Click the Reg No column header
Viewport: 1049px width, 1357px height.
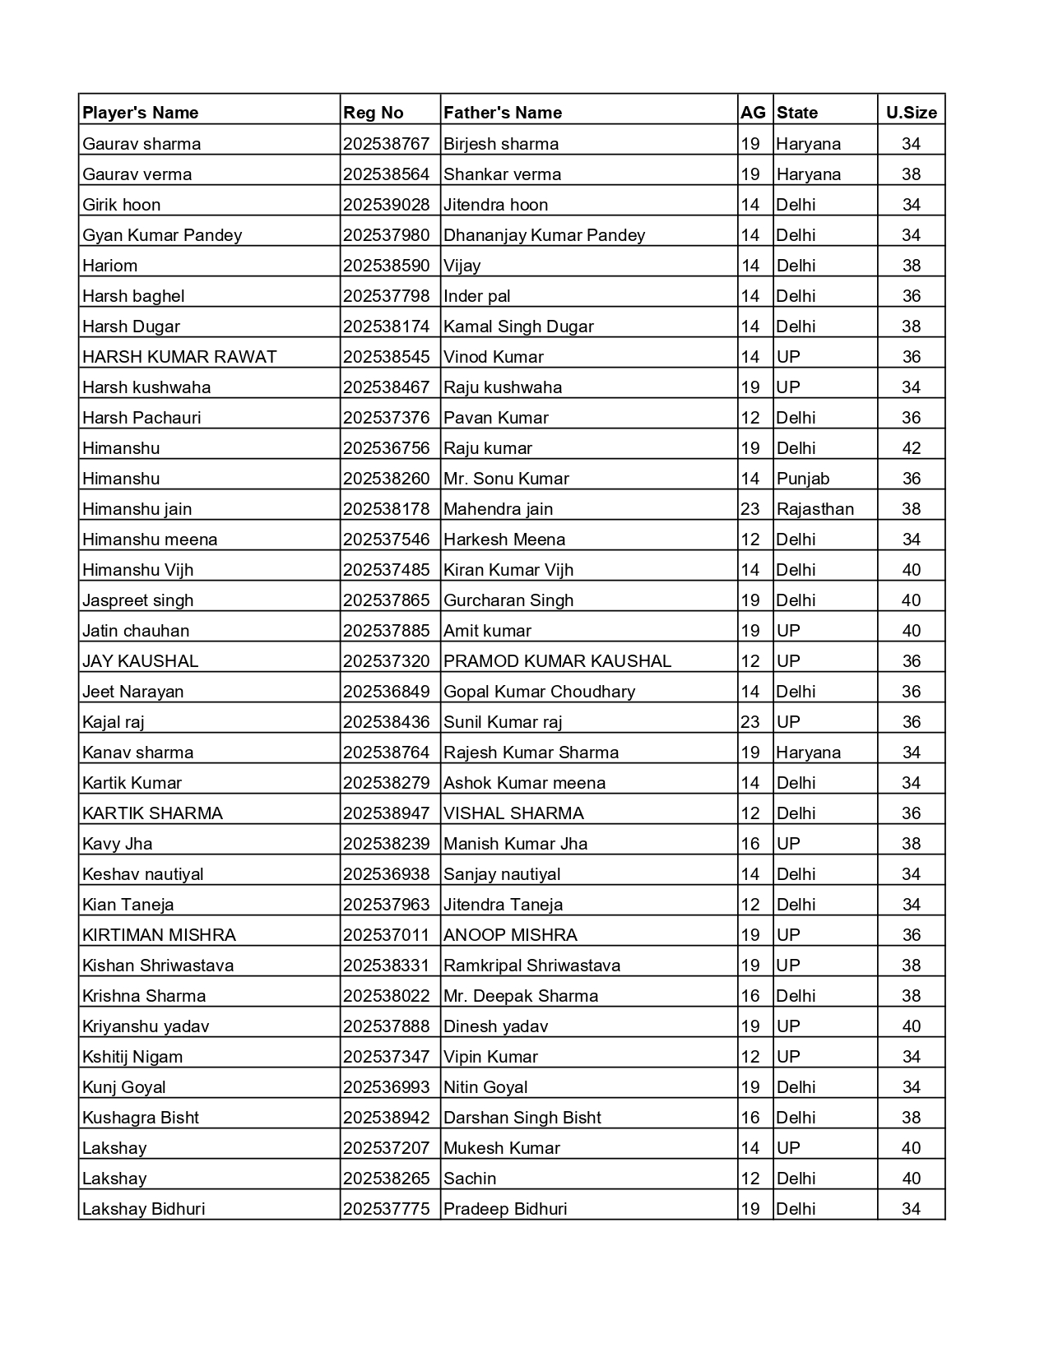click(x=374, y=113)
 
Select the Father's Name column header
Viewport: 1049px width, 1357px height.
click(x=503, y=113)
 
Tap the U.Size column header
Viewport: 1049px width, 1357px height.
click(x=911, y=113)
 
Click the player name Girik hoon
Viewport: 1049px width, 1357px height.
click(x=122, y=205)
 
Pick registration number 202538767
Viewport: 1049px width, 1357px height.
click(x=387, y=144)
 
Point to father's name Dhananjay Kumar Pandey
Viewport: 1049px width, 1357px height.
click(x=544, y=235)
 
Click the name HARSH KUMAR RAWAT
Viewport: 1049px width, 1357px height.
click(x=179, y=357)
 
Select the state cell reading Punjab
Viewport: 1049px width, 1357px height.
click(x=803, y=479)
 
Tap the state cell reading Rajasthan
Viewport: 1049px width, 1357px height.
click(x=815, y=509)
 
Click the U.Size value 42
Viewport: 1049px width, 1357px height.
click(x=911, y=448)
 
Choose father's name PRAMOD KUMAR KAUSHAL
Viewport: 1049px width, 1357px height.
click(x=557, y=661)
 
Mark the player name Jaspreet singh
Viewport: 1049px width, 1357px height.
click(x=138, y=600)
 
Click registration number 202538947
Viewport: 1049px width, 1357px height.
click(x=387, y=813)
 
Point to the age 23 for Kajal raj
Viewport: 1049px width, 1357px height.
click(x=750, y=722)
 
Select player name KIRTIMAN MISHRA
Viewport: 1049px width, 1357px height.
click(x=159, y=935)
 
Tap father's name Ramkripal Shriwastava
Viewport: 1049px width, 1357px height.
click(x=531, y=966)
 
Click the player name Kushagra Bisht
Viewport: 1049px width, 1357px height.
click(x=141, y=1118)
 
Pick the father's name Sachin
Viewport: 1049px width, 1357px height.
click(x=470, y=1179)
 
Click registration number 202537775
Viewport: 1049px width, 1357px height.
click(x=387, y=1209)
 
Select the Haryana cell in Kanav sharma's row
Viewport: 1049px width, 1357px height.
click(x=809, y=753)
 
